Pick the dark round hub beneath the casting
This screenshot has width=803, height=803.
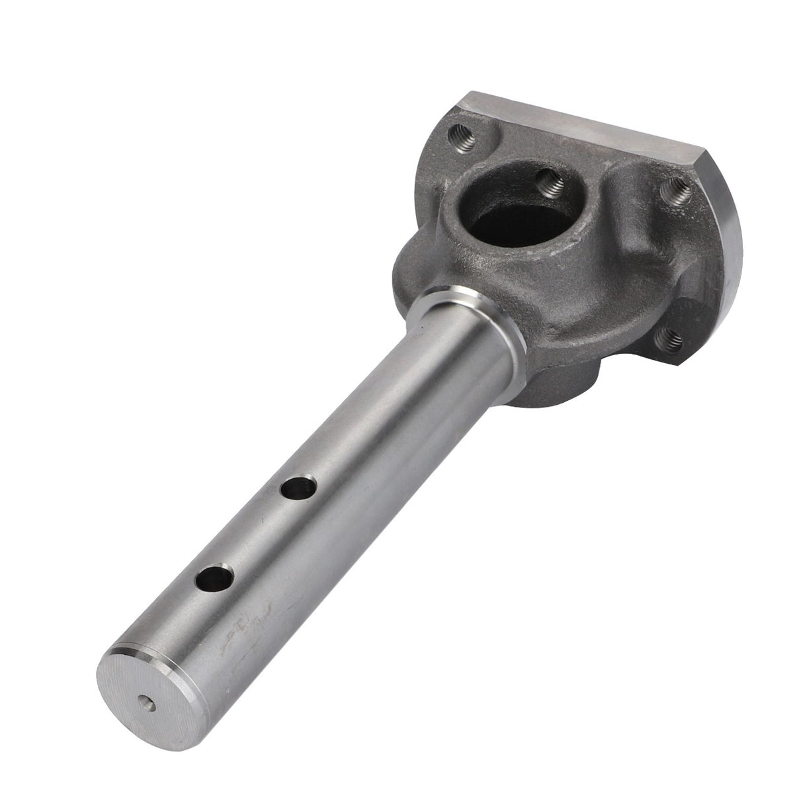[562, 384]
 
